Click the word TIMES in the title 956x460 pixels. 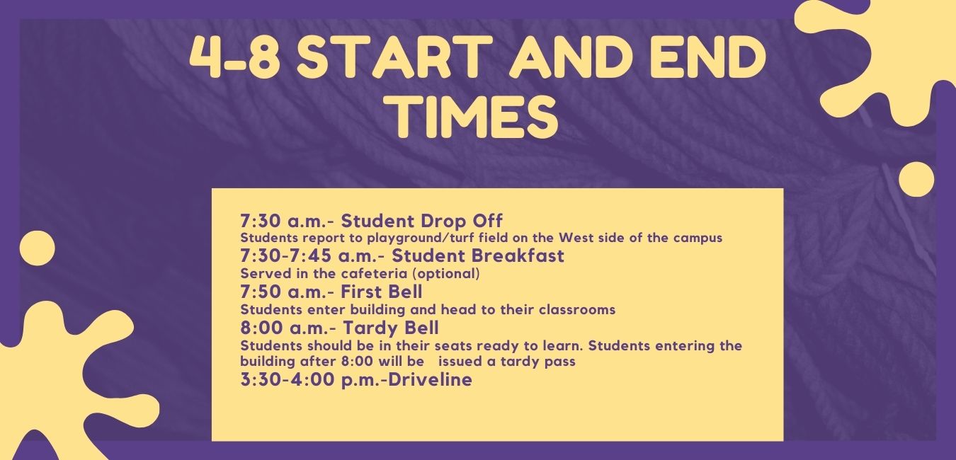tap(475, 115)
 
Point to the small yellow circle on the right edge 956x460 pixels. tap(916, 180)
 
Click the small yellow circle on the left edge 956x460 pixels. tap(37, 248)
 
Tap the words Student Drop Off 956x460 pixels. tap(421, 221)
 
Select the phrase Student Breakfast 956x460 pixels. tap(478, 255)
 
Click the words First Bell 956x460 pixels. tap(382, 292)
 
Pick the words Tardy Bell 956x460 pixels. tap(390, 328)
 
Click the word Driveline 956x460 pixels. tap(431, 379)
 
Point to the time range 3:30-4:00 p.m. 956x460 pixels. tap(312, 379)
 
